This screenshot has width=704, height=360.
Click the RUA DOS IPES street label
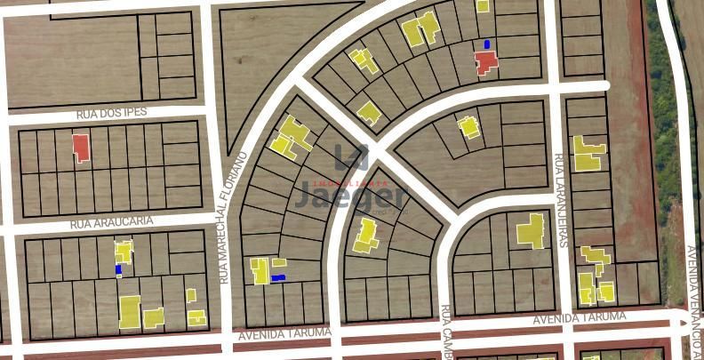coord(111,113)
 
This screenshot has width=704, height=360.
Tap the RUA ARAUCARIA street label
coord(112,220)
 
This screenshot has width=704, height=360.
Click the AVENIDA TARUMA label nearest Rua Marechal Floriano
coord(284,333)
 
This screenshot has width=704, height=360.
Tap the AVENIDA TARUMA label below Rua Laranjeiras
coord(580,318)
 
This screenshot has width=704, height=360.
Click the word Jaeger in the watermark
coord(352,195)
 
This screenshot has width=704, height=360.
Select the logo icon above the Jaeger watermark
coord(352,158)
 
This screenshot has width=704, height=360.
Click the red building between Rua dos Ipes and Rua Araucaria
coord(81,147)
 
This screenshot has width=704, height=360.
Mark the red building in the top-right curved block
coord(485,61)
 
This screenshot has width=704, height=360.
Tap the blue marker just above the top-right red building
coord(486,44)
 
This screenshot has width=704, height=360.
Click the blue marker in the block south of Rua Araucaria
coord(118,268)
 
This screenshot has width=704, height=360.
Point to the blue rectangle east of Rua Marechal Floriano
coord(278,278)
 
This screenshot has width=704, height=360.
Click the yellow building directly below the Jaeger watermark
coord(365,236)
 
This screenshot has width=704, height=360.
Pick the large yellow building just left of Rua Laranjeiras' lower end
coord(532,230)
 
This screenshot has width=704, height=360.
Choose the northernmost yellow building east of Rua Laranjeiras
coord(587,153)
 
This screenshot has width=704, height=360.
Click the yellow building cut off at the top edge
coord(482,5)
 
